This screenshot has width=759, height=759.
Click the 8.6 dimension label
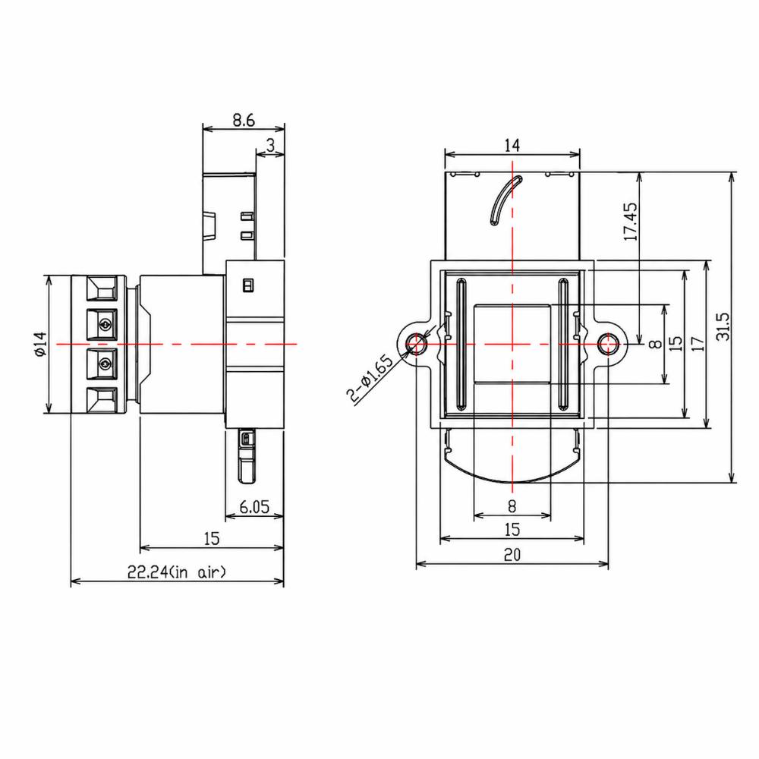pyautogui.click(x=244, y=120)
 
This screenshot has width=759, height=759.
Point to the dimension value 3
pyautogui.click(x=271, y=145)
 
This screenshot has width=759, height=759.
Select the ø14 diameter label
pyautogui.click(x=40, y=344)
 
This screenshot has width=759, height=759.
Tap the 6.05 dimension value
pyautogui.click(x=254, y=507)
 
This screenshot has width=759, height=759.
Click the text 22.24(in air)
pyautogui.click(x=177, y=572)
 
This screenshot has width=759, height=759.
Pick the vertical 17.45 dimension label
pyautogui.click(x=631, y=221)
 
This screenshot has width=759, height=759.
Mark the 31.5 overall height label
pyautogui.click(x=723, y=326)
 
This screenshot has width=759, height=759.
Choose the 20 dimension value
pyautogui.click(x=512, y=554)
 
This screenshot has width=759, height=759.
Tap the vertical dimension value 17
pyautogui.click(x=698, y=344)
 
